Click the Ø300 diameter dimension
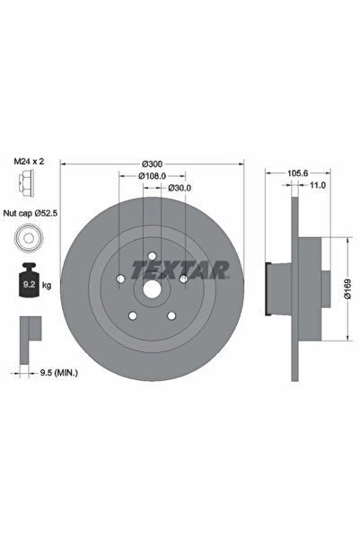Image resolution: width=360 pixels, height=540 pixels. click(152, 163)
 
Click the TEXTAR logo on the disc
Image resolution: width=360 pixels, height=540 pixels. click(180, 270)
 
